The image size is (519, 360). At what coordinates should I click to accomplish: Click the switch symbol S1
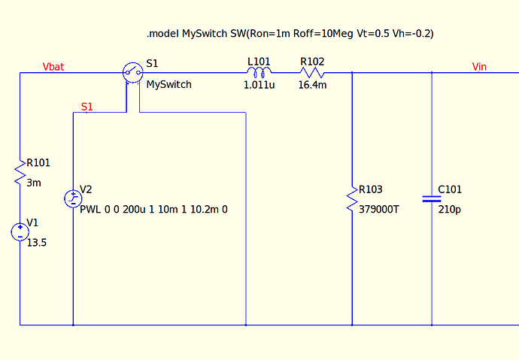point(132,72)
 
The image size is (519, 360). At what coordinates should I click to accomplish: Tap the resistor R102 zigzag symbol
point(312,72)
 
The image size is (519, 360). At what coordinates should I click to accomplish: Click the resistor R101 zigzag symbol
point(20,172)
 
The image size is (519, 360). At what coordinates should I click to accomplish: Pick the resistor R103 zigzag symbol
point(352,198)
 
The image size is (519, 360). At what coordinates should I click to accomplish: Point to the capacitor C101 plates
point(432,198)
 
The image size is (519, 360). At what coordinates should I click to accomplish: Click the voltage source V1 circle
point(20,231)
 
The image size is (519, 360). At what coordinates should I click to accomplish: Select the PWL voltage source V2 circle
point(73,198)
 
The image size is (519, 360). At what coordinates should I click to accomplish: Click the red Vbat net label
point(53,67)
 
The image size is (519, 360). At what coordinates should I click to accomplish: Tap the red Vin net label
point(479,67)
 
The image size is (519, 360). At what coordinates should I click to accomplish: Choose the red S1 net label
point(86,107)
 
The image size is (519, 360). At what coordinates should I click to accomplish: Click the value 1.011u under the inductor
point(259,85)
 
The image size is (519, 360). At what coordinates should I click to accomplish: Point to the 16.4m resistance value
point(312,85)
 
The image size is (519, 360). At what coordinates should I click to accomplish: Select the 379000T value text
point(379,210)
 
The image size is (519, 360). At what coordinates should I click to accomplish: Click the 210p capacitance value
point(449,210)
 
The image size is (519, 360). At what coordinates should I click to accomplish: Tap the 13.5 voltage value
point(36,243)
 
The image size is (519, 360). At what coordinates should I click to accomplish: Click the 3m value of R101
point(34,183)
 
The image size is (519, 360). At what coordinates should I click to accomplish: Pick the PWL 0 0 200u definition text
point(153,210)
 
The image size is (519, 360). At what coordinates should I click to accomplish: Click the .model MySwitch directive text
point(290,34)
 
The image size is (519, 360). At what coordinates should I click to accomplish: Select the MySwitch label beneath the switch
point(168,85)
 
